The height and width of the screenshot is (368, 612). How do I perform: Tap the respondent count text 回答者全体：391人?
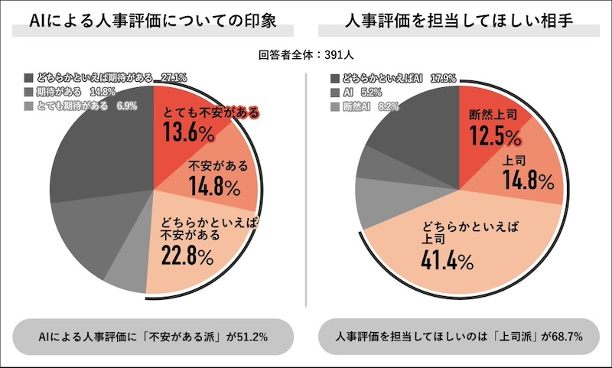[306, 55]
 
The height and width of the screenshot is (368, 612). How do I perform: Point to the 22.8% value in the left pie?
[187, 256]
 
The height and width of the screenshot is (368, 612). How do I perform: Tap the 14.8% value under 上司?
[528, 181]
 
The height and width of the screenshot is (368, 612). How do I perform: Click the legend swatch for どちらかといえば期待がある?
[29, 78]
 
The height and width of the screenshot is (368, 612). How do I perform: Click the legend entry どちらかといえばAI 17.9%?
[391, 78]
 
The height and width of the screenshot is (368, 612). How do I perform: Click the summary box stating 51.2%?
[154, 337]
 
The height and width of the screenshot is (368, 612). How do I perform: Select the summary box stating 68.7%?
[458, 337]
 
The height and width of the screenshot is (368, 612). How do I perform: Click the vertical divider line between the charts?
[306, 191]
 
